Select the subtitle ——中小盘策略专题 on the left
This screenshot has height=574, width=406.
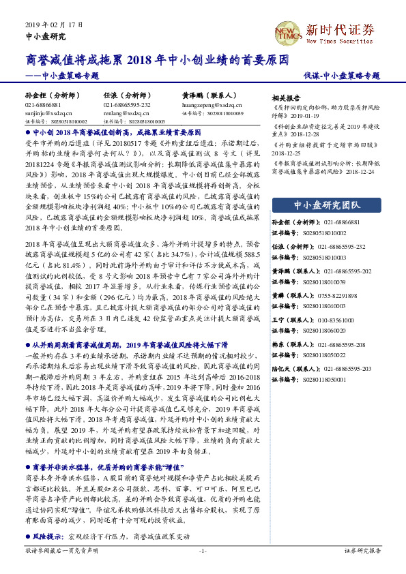[61, 76]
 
